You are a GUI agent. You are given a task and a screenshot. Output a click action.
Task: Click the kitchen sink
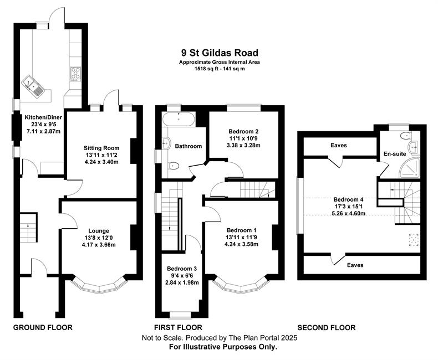(x=33, y=86)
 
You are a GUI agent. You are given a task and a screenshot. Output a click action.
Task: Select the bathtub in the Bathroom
(x=179, y=119)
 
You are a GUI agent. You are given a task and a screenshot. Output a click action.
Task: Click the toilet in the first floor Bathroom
(x=173, y=166)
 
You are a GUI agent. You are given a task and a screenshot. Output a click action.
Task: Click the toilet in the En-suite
(x=405, y=136)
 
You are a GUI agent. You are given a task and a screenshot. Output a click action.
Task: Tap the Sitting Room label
(x=101, y=148)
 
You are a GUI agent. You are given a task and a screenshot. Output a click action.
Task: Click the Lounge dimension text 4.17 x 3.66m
(x=98, y=245)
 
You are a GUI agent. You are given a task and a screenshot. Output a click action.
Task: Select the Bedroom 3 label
(x=182, y=269)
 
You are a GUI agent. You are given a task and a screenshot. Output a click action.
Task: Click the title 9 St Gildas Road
(x=220, y=53)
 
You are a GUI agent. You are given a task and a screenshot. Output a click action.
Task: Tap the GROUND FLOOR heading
(x=43, y=327)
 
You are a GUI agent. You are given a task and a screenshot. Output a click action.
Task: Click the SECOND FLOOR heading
(x=326, y=327)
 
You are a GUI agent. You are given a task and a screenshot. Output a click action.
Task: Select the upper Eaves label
(x=339, y=145)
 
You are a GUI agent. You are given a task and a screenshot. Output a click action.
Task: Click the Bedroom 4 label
(x=348, y=199)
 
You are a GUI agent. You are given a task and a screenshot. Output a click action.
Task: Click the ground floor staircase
(x=28, y=228)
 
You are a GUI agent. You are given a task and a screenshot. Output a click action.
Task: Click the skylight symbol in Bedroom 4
(x=414, y=240)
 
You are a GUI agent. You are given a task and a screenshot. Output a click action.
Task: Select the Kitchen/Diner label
(x=43, y=117)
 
